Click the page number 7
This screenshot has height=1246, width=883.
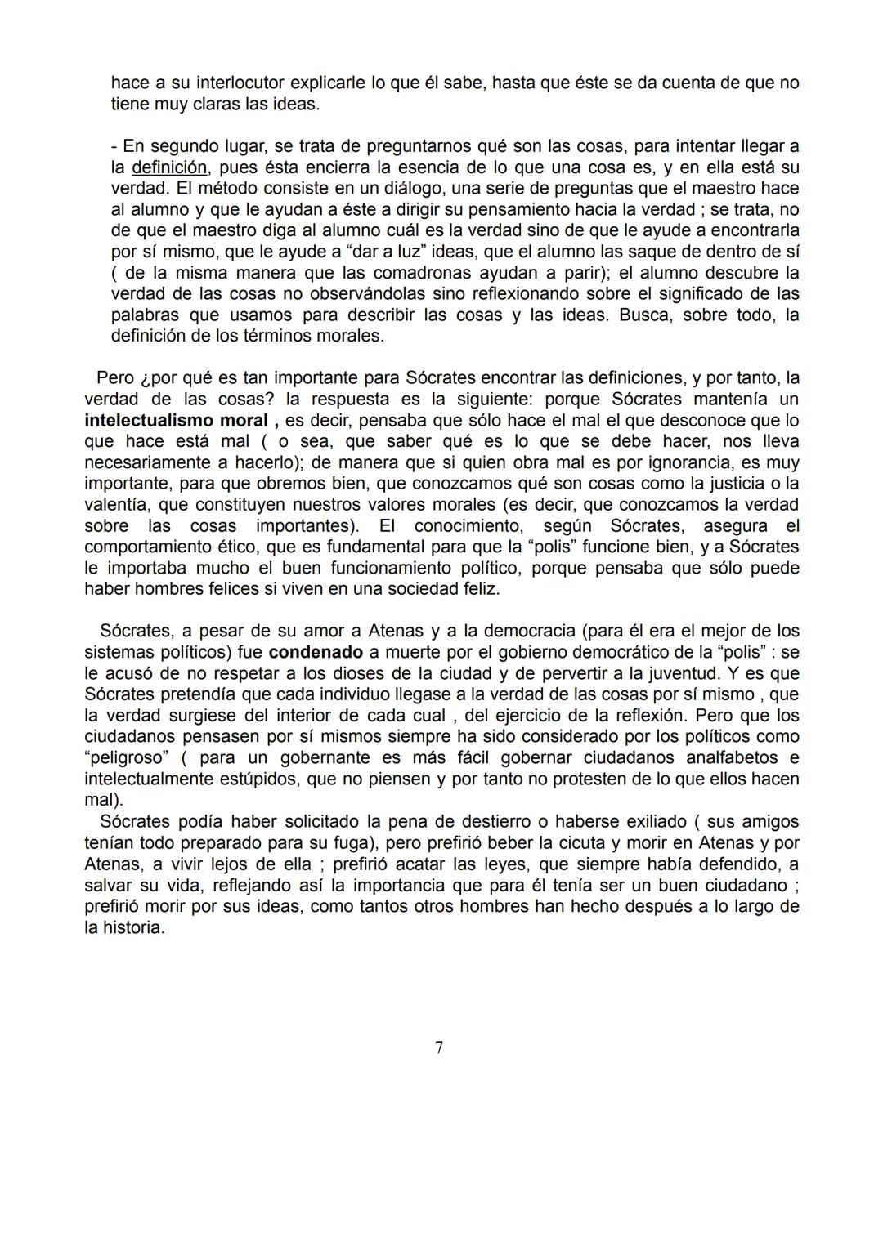click(439, 1047)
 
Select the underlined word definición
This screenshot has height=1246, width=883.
click(169, 167)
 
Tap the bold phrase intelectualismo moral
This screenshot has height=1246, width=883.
click(176, 421)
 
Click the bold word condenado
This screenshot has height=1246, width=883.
click(316, 653)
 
